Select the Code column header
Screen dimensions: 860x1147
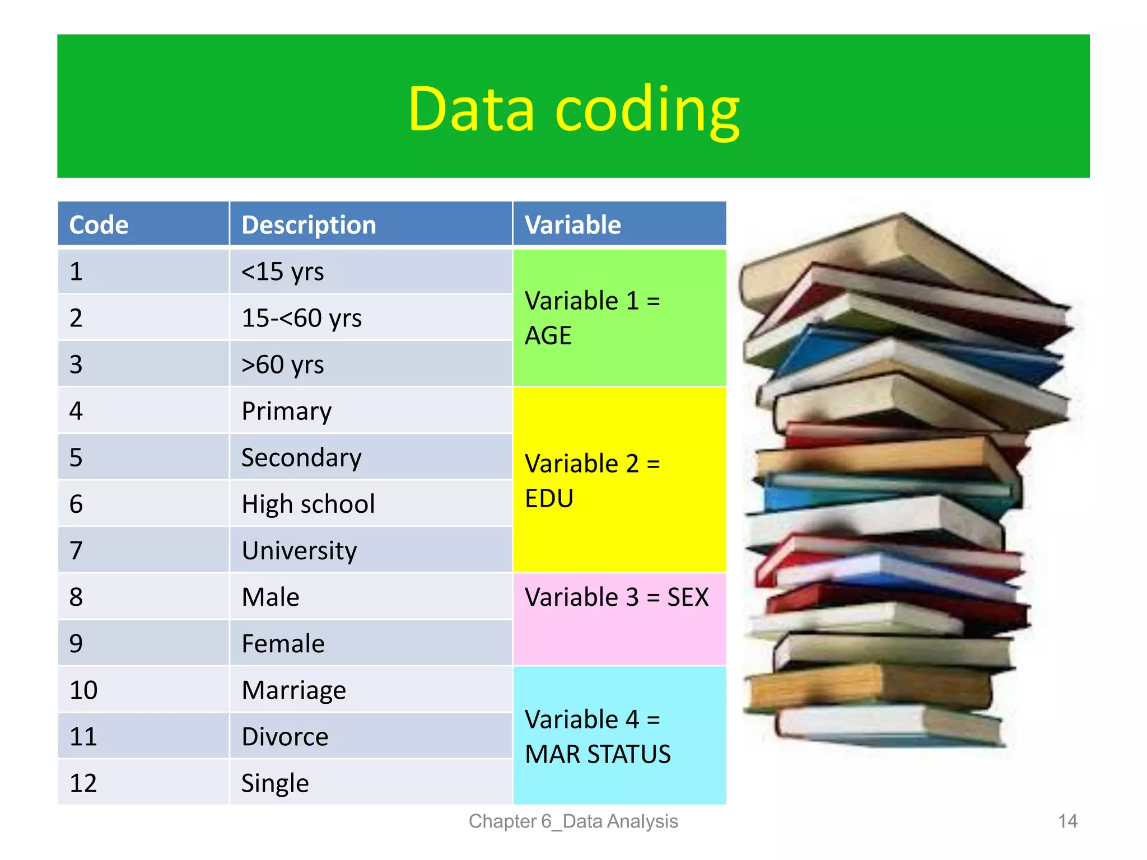[x=99, y=225]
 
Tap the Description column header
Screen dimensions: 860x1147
[x=309, y=225]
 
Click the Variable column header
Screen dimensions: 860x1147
[x=572, y=225]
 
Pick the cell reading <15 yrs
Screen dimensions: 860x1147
[x=283, y=272]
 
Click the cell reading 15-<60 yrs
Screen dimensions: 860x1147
[x=301, y=318]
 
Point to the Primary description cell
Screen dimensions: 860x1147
[x=286, y=411]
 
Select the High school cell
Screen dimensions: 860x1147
[x=308, y=504]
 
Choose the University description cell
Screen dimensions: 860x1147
[x=299, y=550]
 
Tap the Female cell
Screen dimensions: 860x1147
[x=283, y=643]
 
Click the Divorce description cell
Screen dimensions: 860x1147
[x=285, y=736]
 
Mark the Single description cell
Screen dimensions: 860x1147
[x=275, y=783]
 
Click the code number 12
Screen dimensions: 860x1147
[x=83, y=783]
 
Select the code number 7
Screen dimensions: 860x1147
[x=76, y=550]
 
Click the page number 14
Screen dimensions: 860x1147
[x=1067, y=821]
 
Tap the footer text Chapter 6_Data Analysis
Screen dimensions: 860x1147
[x=573, y=821]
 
